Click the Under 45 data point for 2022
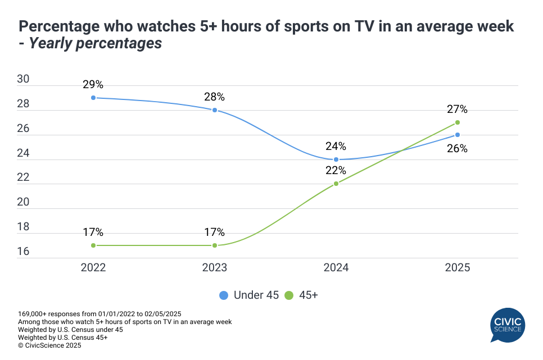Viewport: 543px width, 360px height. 93,98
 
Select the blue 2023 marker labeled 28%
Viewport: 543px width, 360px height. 215,110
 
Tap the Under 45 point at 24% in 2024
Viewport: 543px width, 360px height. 336,160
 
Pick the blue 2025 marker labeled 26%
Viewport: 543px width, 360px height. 458,135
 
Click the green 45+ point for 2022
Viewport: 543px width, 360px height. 93,245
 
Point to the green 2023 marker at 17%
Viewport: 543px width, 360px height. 215,245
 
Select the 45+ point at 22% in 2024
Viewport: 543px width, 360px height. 336,184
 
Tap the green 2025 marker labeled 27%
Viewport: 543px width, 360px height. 458,122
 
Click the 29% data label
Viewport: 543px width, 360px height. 93,85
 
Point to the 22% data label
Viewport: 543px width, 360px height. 336,171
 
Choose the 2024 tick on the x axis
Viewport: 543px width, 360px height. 336,268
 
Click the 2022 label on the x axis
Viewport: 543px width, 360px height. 93,268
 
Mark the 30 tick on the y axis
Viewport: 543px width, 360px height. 23,79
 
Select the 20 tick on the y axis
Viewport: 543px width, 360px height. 23,202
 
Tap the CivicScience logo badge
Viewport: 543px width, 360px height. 508,325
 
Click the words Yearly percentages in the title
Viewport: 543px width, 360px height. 96,43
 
